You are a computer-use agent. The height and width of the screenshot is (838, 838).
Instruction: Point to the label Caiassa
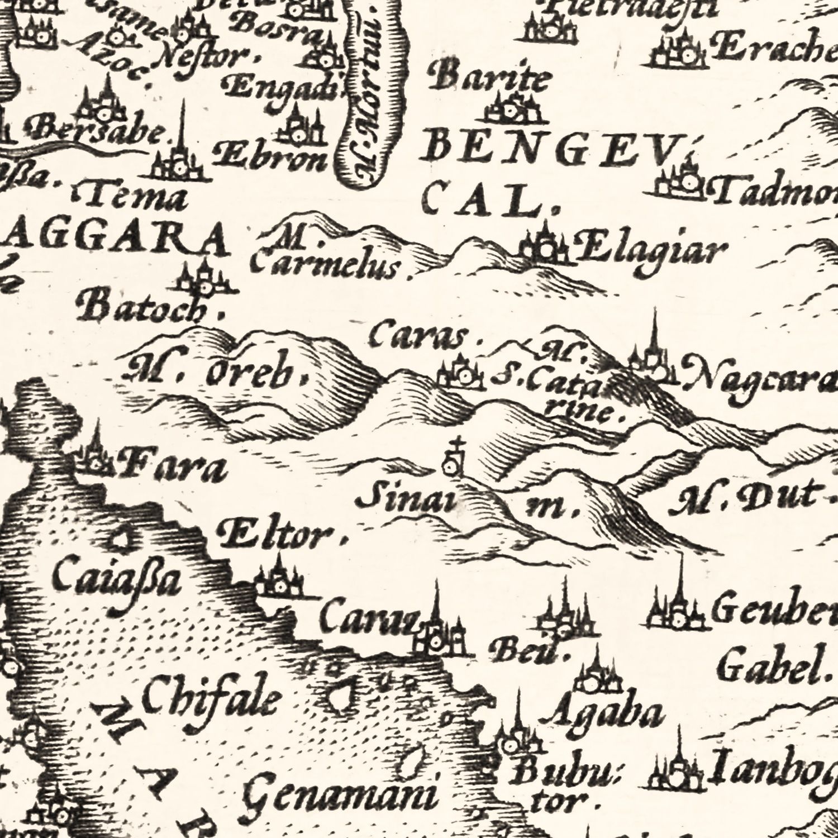click(117, 581)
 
